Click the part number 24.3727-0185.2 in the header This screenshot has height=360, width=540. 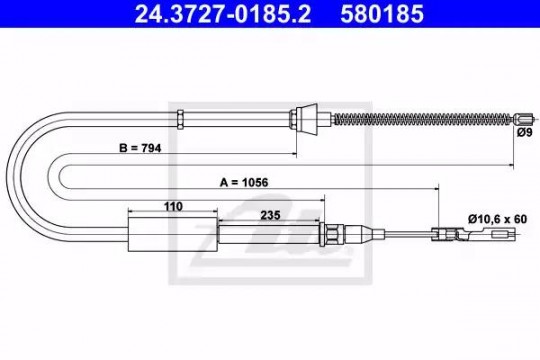click(222, 14)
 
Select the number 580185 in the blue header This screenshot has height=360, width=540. click(382, 14)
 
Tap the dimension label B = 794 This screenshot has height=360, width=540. click(140, 148)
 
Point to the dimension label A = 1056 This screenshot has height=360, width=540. click(244, 182)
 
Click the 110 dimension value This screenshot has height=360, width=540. click(173, 206)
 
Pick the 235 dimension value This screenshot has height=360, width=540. click(270, 215)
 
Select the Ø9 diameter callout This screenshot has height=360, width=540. click(525, 132)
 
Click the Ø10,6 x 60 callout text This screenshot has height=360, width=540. click(497, 219)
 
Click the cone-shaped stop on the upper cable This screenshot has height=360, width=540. click(307, 119)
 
